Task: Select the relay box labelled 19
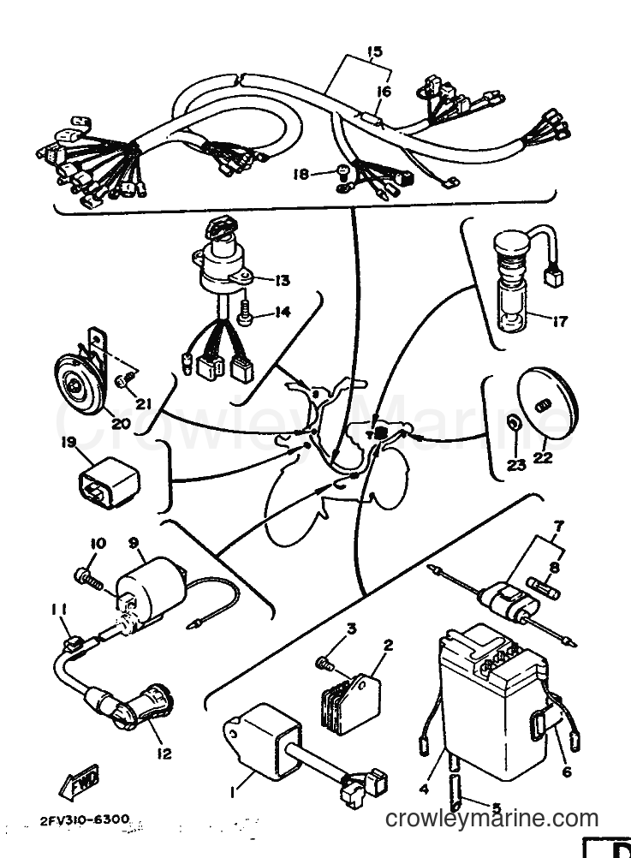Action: pyautogui.click(x=110, y=481)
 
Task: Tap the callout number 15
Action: pyautogui.click(x=374, y=53)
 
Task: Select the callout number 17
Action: pyautogui.click(x=559, y=320)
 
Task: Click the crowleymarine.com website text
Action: pyautogui.click(x=492, y=818)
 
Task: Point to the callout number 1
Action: pyautogui.click(x=234, y=792)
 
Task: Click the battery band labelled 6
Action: pyautogui.click(x=544, y=725)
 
